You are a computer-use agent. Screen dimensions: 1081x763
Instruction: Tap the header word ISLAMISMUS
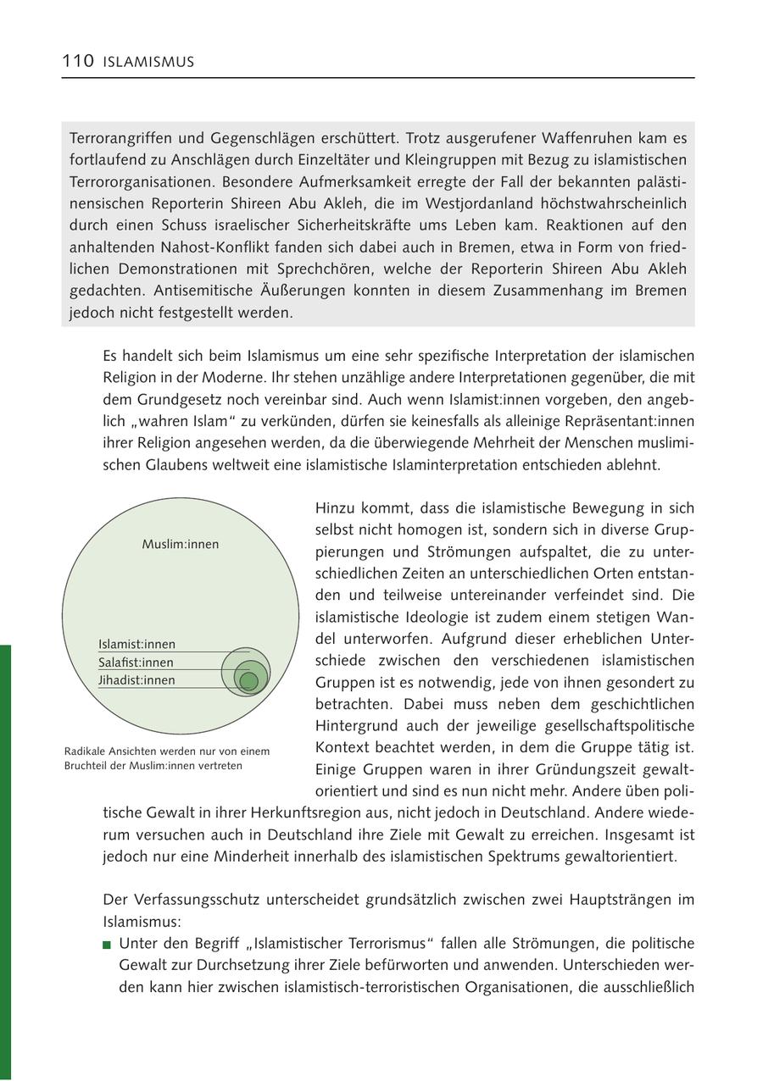149,62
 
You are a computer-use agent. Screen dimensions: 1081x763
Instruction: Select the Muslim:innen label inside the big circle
180,544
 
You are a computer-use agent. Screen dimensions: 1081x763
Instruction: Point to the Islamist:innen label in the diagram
136,645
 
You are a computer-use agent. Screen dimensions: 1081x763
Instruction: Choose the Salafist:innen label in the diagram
136,662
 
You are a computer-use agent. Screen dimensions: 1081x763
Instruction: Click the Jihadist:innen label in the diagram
136,680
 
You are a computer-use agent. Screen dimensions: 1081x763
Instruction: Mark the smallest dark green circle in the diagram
248,681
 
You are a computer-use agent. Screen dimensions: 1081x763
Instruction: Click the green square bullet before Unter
107,944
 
